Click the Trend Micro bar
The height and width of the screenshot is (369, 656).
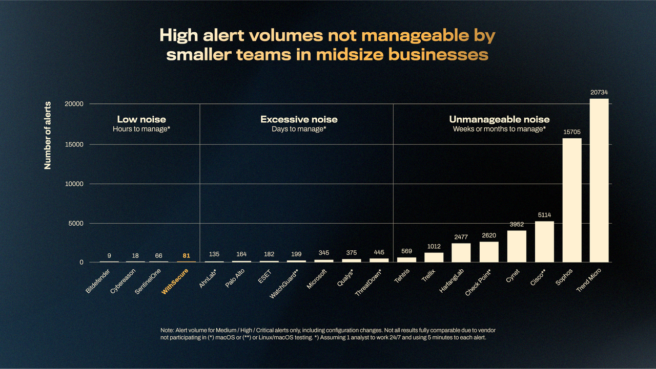point(599,180)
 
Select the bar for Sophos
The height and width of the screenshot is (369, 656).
point(572,200)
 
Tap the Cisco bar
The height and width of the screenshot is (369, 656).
point(544,242)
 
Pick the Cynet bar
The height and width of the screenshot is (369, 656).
point(517,246)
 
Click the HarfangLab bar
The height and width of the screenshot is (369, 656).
point(461,252)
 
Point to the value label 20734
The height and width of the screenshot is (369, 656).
point(599,93)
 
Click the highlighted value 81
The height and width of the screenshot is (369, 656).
point(187,255)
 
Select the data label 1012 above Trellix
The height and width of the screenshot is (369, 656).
point(434,246)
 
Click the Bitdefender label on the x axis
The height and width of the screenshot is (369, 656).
point(97,283)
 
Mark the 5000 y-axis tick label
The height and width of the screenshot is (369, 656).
point(75,224)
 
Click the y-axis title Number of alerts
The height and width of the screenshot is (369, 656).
point(48,136)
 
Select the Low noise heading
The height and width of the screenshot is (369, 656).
point(141,119)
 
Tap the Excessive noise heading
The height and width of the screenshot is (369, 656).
point(299,119)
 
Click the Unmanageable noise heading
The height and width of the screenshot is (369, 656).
point(499,119)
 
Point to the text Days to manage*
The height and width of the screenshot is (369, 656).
point(299,129)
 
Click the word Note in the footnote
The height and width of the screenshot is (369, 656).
point(168,331)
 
